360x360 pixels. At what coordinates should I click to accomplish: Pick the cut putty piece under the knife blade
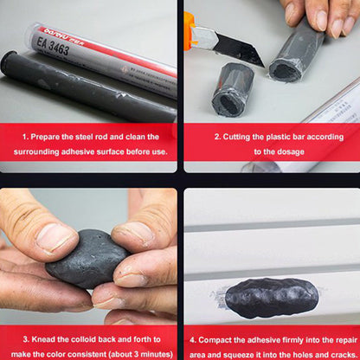click(233, 87)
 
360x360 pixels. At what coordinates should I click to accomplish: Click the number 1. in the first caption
click(26, 137)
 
